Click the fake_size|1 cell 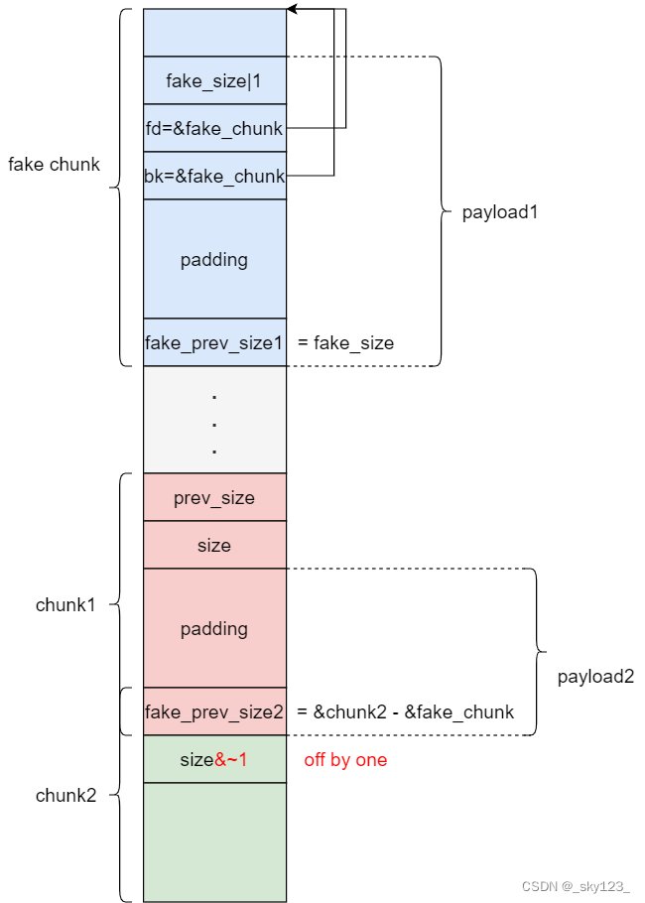214,80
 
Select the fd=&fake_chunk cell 214,128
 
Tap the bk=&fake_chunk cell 214,176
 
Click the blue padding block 214,259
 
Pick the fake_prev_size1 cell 214,342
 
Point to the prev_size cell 214,497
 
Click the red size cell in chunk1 214,545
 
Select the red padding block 214,628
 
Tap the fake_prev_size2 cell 214,711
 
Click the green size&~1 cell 214,759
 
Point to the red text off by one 345,759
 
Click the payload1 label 500,212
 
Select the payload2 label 595,677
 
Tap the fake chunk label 54,164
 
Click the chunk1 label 65,604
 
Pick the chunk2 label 65,795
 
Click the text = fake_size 345,343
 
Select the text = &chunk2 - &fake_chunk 405,711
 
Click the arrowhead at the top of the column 292,10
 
